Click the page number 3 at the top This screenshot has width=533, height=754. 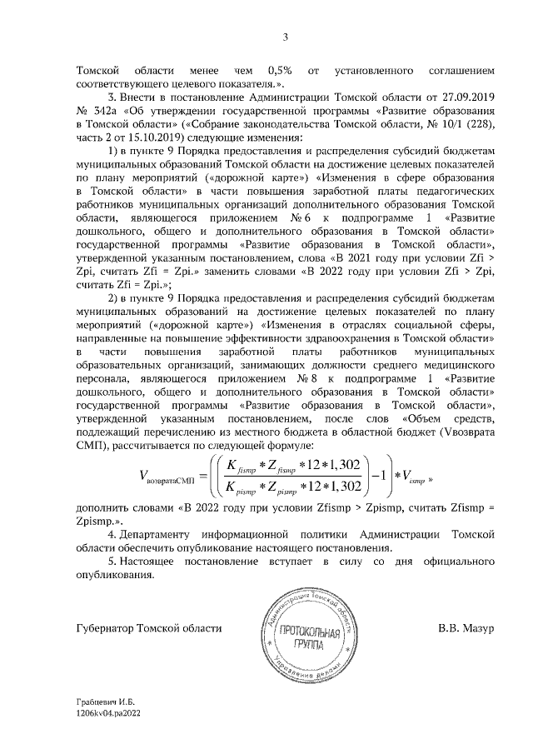point(285,36)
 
